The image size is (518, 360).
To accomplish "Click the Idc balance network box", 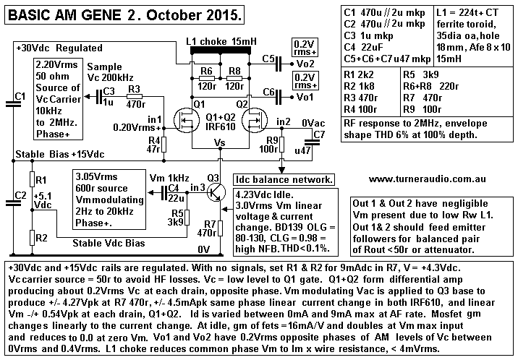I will click(x=284, y=179).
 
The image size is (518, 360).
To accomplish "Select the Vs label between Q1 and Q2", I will click(x=221, y=142).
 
